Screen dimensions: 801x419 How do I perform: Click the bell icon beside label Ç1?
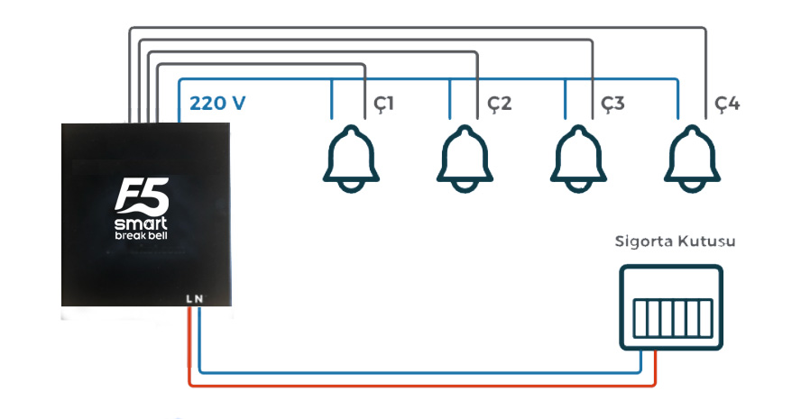[x=351, y=159]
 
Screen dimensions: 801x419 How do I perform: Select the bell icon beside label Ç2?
[x=465, y=159]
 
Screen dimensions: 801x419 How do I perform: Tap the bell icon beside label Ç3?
[x=578, y=159]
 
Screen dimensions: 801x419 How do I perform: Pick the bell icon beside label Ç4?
[x=692, y=159]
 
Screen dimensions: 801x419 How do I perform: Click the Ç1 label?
[x=383, y=105]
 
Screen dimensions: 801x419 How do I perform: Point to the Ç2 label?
[x=499, y=105]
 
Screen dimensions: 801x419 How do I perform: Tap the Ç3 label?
[x=613, y=105]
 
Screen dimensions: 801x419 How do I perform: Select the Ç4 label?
[x=727, y=105]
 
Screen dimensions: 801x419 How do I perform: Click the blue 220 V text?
[x=217, y=103]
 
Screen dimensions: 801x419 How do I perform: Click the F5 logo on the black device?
[x=142, y=196]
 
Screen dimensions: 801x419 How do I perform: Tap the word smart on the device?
[x=141, y=223]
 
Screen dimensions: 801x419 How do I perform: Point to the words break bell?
[x=141, y=235]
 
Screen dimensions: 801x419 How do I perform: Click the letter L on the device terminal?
[x=189, y=299]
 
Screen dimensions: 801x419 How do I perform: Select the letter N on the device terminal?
[x=198, y=299]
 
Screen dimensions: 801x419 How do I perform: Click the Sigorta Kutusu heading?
[x=675, y=241]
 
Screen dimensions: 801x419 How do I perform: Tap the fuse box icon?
[x=671, y=307]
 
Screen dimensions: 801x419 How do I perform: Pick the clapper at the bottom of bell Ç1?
[x=351, y=187]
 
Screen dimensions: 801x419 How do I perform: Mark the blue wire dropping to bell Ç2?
[x=450, y=99]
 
